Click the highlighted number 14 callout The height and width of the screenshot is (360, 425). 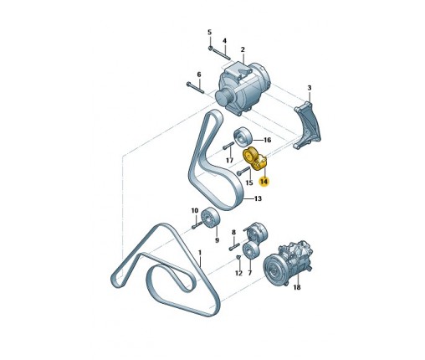click(x=264, y=182)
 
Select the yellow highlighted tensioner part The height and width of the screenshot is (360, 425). click(x=255, y=158)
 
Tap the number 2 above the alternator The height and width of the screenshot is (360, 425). click(x=243, y=49)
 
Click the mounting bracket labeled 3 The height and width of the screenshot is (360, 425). click(x=307, y=126)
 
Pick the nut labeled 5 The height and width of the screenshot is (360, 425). click(x=211, y=49)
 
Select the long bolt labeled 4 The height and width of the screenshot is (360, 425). click(x=222, y=54)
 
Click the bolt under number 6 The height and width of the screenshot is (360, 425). click(x=195, y=88)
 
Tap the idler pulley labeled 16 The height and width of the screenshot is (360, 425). click(x=243, y=136)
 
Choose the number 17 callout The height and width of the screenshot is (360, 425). click(x=229, y=160)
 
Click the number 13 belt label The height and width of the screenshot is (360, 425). click(x=258, y=198)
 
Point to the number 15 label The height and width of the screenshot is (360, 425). click(x=249, y=183)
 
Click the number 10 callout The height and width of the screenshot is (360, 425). click(x=195, y=210)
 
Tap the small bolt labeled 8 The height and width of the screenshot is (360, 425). click(x=234, y=247)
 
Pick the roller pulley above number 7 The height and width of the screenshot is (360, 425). click(x=251, y=250)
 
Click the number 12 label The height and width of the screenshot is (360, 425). click(x=238, y=273)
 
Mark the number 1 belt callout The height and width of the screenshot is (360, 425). click(x=199, y=253)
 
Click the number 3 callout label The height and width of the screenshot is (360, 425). click(x=310, y=88)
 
